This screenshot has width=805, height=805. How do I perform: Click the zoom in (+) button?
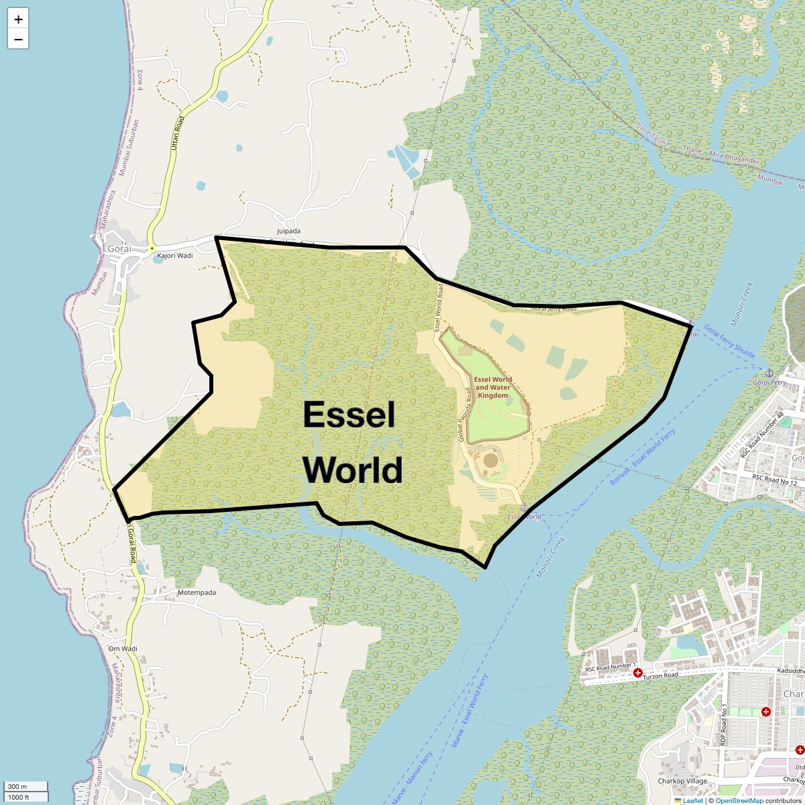18,19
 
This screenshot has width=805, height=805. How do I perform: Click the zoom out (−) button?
18,39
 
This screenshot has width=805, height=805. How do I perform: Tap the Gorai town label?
119,248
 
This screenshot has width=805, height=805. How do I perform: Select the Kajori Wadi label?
174,256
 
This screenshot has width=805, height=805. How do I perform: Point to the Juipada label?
288,231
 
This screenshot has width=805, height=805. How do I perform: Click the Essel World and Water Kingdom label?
493,387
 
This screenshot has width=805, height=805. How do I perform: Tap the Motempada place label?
197,593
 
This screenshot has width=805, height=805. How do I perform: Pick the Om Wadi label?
123,649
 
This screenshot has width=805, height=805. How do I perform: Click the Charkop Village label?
682,781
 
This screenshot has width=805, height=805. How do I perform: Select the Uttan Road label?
178,132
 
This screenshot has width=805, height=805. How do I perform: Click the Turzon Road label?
661,675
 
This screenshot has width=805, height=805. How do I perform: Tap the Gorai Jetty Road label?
553,309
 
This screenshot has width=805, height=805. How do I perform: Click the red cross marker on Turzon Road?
637,672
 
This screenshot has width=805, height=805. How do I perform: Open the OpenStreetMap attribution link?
739,800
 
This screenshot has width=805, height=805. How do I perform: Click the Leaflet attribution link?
692,800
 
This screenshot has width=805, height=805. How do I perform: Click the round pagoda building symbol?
491,460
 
